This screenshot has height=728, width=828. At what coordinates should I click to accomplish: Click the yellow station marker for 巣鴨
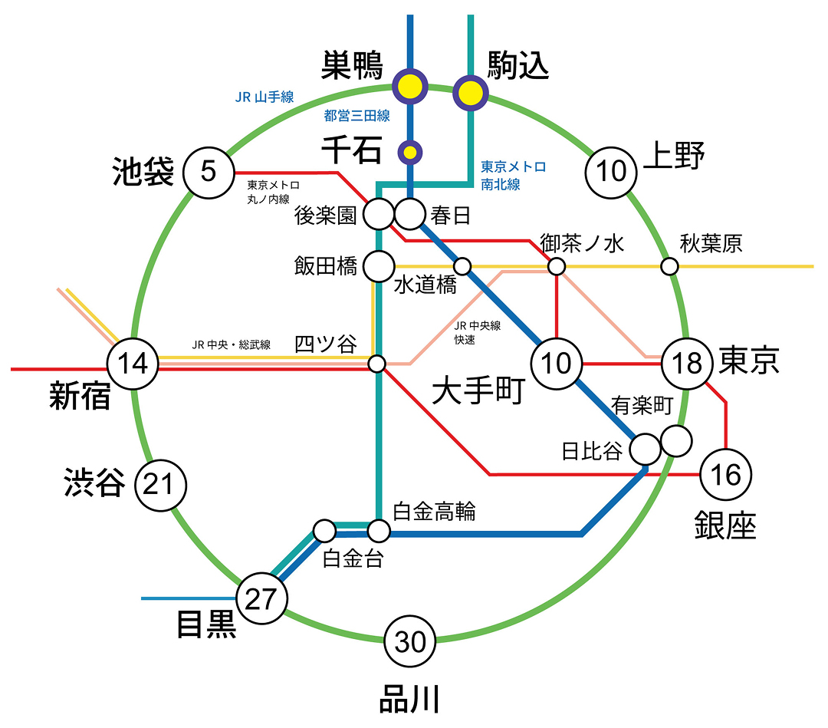[x=411, y=87]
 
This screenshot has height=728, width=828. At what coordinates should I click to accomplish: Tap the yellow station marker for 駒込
[x=470, y=93]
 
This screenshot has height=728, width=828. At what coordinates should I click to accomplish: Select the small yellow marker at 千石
[x=411, y=151]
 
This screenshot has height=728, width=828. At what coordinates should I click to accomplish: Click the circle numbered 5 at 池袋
[x=209, y=172]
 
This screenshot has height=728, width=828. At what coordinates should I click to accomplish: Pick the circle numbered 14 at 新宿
[x=133, y=363]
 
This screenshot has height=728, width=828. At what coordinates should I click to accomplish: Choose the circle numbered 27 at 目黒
[x=261, y=599]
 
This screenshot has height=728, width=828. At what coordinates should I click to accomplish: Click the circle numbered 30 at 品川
[x=410, y=641]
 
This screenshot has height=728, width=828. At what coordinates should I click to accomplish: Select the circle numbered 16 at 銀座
[x=725, y=475]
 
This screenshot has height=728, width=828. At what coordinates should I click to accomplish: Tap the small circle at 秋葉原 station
[x=670, y=267]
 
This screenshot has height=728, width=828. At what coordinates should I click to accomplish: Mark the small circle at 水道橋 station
[x=462, y=266]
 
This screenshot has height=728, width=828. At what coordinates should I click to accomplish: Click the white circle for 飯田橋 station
[x=377, y=266]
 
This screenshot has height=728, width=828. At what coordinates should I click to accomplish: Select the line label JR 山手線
[x=264, y=97]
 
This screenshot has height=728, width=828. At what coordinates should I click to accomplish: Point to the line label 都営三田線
[x=356, y=117]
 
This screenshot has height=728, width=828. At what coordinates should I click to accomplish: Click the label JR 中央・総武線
[x=231, y=344]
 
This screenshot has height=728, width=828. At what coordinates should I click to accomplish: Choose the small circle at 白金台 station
[x=324, y=530]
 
